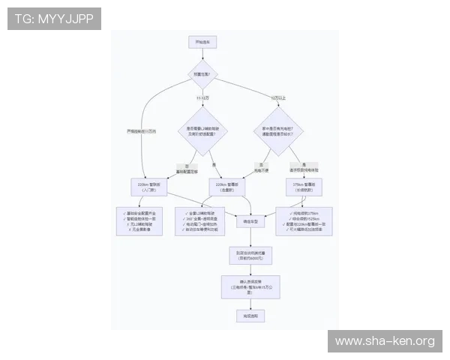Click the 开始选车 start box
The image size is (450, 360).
tap(202, 42)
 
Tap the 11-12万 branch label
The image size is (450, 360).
tap(202, 98)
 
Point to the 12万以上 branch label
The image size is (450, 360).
tap(278, 98)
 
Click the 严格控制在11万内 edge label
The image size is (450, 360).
tap(142, 131)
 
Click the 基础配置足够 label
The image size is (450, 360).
tap(186, 169)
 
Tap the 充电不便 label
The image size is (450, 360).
tap(261, 169)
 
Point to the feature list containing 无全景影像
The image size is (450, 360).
tap(142, 221)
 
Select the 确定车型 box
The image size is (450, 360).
tap(250, 222)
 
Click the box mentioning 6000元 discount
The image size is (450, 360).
tap(250, 256)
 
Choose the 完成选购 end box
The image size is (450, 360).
tap(250, 316)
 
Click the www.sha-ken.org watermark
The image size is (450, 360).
tap(384, 341)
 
